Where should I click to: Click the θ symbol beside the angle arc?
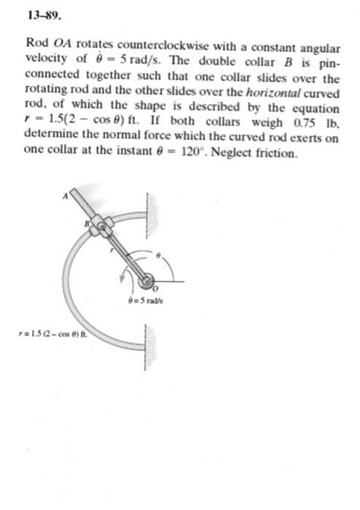tap(159, 255)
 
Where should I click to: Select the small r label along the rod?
tap(112, 249)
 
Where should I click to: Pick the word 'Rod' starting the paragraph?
tap(36, 45)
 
